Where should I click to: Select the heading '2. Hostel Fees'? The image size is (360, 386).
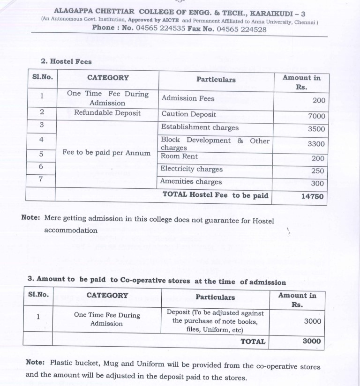pyautogui.click(x=66, y=61)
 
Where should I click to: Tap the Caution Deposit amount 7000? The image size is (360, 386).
pyautogui.click(x=316, y=116)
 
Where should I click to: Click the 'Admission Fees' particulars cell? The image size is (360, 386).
pyautogui.click(x=187, y=98)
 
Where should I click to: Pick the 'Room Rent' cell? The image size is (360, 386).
pyautogui.click(x=179, y=156)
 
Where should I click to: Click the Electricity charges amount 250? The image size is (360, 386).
pyautogui.click(x=317, y=171)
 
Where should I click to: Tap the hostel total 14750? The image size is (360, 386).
pyautogui.click(x=312, y=196)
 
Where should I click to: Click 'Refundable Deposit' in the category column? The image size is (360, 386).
pyautogui.click(x=107, y=113)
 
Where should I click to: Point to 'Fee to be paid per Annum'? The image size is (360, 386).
pyautogui.click(x=107, y=153)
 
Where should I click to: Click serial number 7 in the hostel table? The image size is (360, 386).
pyautogui.click(x=41, y=179)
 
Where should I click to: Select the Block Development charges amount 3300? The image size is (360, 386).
pyautogui.click(x=316, y=144)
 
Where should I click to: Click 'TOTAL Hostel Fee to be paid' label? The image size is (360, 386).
pyautogui.click(x=215, y=195)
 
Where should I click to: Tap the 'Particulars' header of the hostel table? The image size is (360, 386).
pyautogui.click(x=216, y=79)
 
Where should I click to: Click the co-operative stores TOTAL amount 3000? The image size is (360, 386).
pyautogui.click(x=312, y=341)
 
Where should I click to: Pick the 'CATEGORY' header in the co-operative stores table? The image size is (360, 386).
pyautogui.click(x=107, y=296)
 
